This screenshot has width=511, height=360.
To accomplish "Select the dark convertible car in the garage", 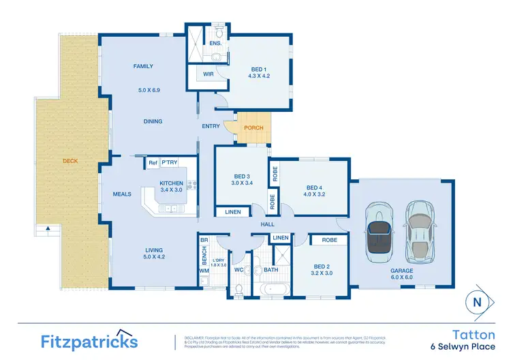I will click(x=375, y=232).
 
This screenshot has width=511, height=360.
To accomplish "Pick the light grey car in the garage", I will click(x=418, y=232).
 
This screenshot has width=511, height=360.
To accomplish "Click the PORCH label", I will click(x=254, y=127).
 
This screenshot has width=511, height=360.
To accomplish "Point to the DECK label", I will click(x=70, y=162).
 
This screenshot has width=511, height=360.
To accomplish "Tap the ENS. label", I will click(x=215, y=43).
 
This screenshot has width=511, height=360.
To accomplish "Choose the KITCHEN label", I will click(x=171, y=183).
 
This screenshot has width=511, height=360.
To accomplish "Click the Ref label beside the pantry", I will click(x=152, y=163).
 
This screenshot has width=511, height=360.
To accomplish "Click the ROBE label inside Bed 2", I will click(x=330, y=240).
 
